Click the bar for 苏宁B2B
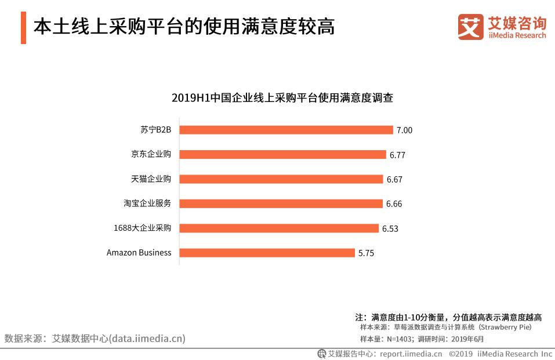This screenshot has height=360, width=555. [286, 130]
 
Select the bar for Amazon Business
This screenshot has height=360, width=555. [267, 253]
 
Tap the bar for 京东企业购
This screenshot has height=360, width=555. [282, 154]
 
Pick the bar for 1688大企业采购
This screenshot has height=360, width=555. [279, 228]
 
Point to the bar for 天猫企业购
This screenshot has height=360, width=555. [281, 179]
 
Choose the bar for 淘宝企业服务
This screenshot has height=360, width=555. [281, 203]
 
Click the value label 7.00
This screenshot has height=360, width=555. [404, 130]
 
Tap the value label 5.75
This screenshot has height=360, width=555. [366, 253]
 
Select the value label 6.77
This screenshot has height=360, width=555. [397, 155]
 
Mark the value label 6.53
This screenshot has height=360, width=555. [390, 229]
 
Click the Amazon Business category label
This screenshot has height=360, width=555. [139, 253]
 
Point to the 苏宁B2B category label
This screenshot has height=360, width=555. [156, 130]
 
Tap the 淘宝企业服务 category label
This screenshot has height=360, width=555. [147, 203]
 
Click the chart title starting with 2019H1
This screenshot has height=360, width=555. [282, 98]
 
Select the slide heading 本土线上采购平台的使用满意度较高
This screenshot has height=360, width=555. [184, 27]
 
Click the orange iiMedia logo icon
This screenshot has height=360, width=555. [470, 27]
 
